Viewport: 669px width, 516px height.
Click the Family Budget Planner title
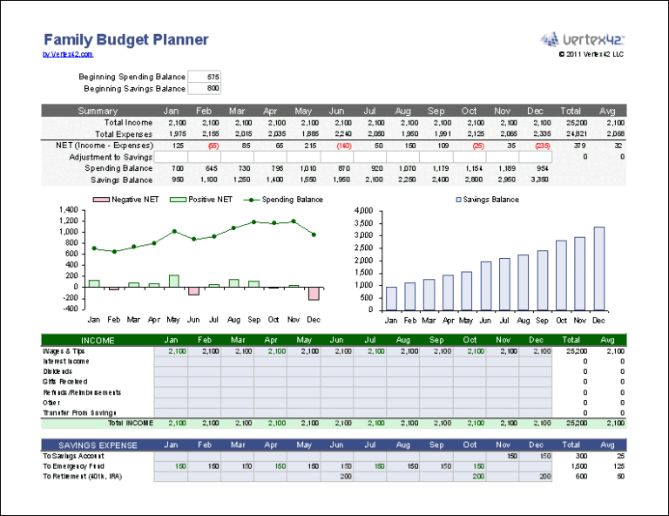pyautogui.click(x=125, y=40)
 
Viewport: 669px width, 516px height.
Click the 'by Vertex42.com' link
pyautogui.click(x=68, y=54)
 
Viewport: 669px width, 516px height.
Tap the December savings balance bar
pyautogui.click(x=598, y=268)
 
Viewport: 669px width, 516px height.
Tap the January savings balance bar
pyautogui.click(x=391, y=298)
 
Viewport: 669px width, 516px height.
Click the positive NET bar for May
pyautogui.click(x=174, y=281)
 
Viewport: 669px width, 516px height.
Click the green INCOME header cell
pyautogui.click(x=98, y=340)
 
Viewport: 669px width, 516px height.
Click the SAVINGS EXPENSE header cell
pyautogui.click(x=98, y=445)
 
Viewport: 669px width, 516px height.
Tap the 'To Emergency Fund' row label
pyautogui.click(x=75, y=466)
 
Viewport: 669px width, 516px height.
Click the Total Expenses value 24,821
pyautogui.click(x=571, y=134)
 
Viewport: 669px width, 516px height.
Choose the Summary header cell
pyautogui.click(x=98, y=111)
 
